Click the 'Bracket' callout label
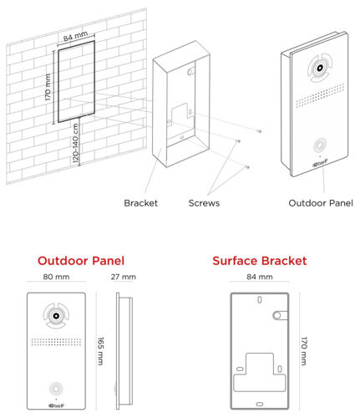(x=140, y=203)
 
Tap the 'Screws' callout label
(x=204, y=203)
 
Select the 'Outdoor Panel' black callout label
(x=321, y=203)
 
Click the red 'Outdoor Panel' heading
(x=81, y=261)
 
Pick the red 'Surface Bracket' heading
(x=260, y=261)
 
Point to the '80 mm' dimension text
(x=56, y=277)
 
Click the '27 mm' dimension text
(x=124, y=277)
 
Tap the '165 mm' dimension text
(x=100, y=351)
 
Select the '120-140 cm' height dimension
(x=76, y=143)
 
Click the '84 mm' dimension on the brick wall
(x=75, y=36)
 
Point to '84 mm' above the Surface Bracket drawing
(x=260, y=277)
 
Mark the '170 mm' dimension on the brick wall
(x=48, y=87)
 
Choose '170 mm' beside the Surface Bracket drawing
(x=304, y=351)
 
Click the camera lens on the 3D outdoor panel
(x=320, y=68)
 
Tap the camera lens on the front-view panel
(x=56, y=316)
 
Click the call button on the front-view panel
(x=56, y=389)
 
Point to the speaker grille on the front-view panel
(x=56, y=342)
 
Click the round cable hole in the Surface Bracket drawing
(x=276, y=315)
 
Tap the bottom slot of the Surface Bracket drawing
(x=260, y=404)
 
